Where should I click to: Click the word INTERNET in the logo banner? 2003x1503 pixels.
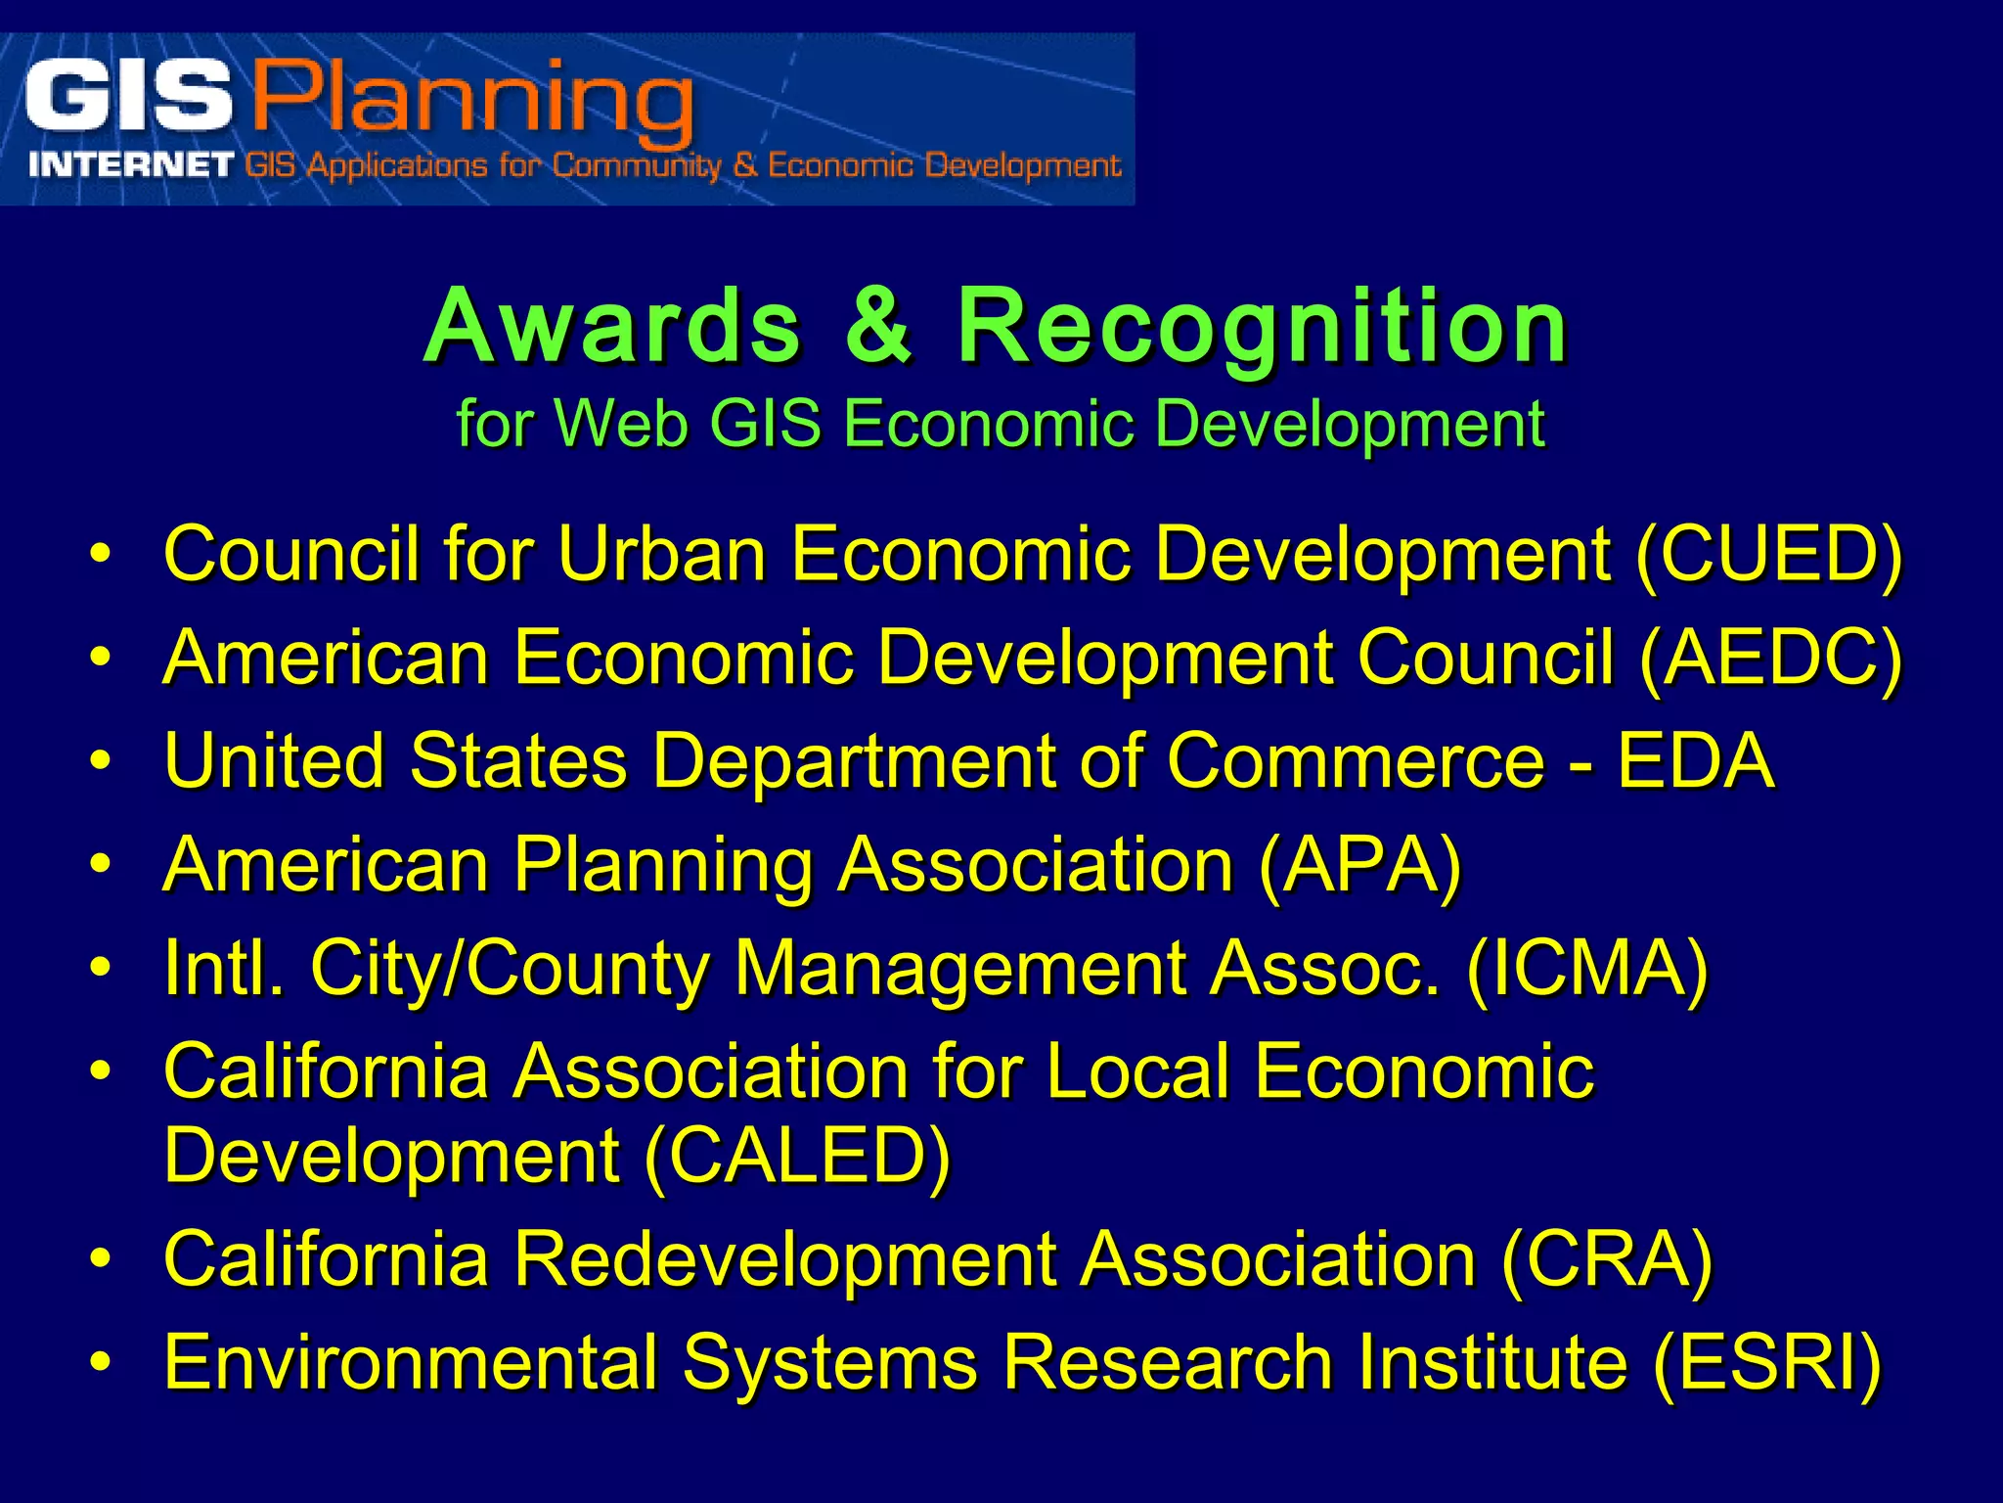point(131,165)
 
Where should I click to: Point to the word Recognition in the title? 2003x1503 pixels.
point(1263,328)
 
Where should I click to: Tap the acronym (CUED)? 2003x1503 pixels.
point(1769,554)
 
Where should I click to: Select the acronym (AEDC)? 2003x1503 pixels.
point(1771,658)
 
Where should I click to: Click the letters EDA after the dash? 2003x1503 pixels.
point(1695,760)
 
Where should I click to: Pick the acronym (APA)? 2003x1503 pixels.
point(1359,865)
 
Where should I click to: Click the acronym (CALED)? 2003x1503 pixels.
point(797,1155)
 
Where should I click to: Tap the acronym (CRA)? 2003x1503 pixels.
point(1606,1259)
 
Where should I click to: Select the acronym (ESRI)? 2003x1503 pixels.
point(1766,1362)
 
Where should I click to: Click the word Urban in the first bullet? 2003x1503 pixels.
point(661,554)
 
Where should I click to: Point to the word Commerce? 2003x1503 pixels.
point(1356,760)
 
